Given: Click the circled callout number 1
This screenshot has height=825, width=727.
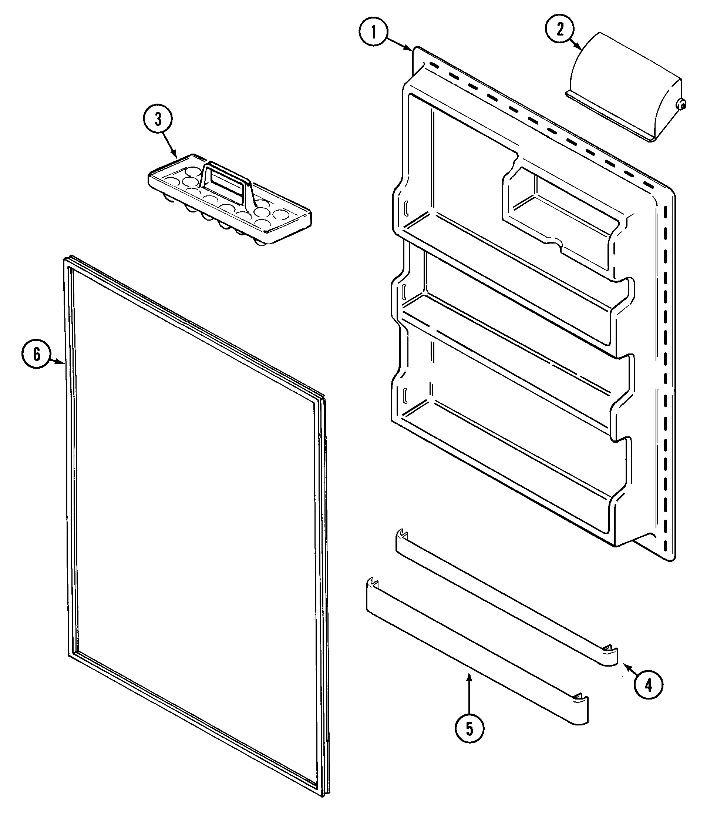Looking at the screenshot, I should point(374,32).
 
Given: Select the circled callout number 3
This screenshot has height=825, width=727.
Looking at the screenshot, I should point(158,120).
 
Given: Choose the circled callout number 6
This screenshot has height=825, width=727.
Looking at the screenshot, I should point(36,354).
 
